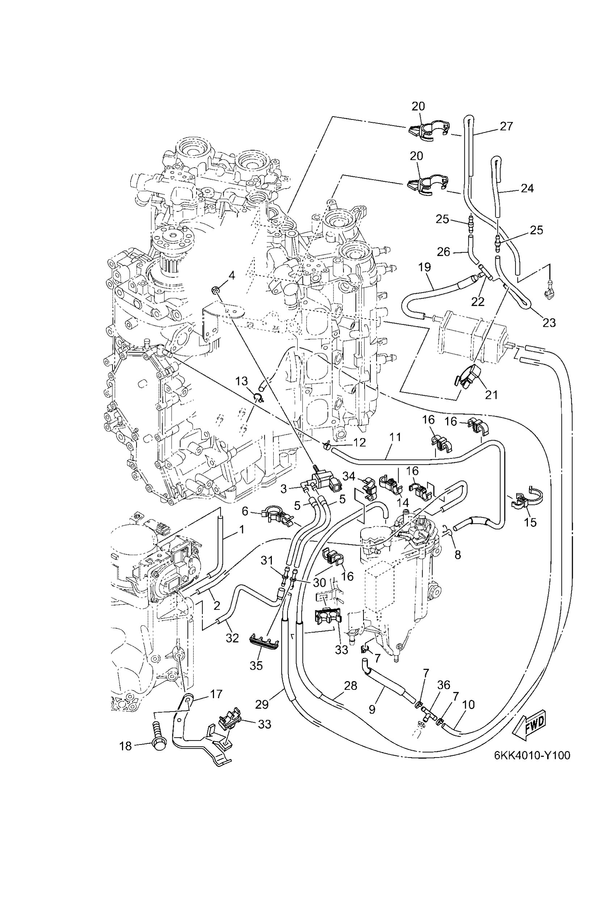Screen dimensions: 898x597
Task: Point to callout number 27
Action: (506, 126)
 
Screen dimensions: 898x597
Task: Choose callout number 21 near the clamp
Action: (491, 395)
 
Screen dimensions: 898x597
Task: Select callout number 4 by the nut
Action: (231, 275)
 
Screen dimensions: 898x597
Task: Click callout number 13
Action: (241, 381)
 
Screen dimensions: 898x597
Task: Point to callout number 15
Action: (530, 522)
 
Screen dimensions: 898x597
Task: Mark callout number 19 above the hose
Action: (424, 267)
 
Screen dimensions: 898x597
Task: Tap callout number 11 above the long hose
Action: (395, 437)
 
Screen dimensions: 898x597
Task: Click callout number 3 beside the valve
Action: (283, 489)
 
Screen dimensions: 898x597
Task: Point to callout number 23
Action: (549, 323)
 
